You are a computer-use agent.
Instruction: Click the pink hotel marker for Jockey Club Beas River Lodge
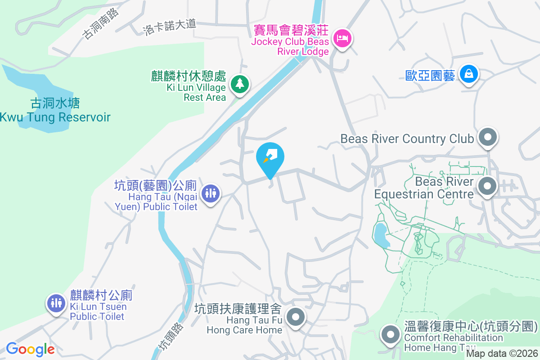click(343, 38)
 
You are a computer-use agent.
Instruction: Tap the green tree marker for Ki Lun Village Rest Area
click(240, 84)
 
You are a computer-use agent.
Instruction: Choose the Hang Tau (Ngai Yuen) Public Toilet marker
click(210, 193)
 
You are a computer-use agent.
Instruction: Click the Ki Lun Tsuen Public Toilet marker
click(56, 303)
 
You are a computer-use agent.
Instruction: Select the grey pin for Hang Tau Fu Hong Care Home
click(296, 317)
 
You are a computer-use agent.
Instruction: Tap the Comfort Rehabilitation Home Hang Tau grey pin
click(390, 335)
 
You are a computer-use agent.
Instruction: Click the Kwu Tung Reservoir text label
click(55, 117)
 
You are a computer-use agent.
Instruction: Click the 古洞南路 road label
click(101, 24)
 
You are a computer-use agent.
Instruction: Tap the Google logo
click(30, 349)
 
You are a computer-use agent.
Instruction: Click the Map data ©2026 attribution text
click(502, 353)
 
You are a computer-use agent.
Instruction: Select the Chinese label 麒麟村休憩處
click(189, 76)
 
